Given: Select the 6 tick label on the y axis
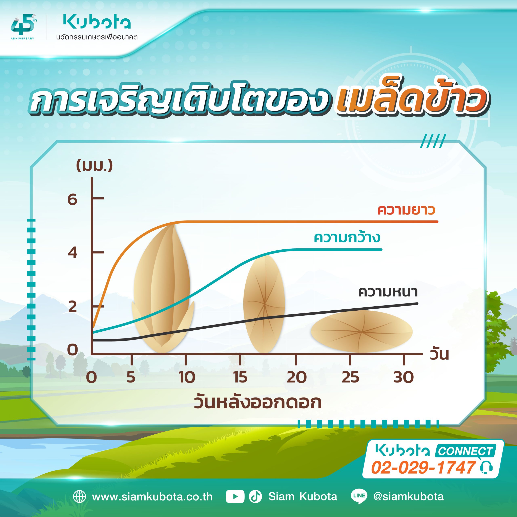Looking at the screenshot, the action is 72,199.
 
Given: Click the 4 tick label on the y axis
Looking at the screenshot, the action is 72,252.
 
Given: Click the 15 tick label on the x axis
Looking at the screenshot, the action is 240,377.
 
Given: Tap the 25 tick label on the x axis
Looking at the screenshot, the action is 350,377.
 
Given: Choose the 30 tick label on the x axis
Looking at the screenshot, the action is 404,377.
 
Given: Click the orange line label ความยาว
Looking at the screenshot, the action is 406,210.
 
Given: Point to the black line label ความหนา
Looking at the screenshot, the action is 388,292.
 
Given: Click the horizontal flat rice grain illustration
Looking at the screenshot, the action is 361,331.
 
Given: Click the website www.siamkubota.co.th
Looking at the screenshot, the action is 152,497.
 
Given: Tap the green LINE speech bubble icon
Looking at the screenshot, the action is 359,497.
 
